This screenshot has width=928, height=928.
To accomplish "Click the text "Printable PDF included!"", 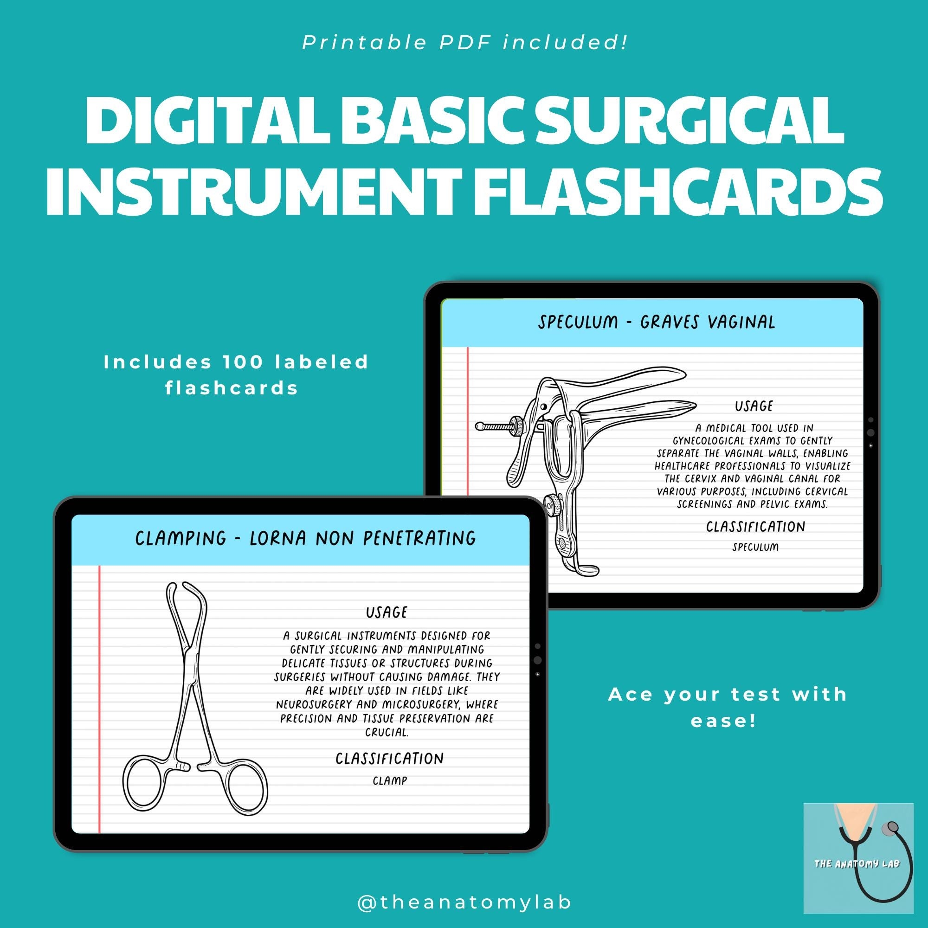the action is (464, 43).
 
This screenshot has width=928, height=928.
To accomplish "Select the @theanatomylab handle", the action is (464, 902).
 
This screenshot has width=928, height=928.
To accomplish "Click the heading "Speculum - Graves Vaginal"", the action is (657, 322).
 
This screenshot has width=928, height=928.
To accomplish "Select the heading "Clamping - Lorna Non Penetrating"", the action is (305, 538).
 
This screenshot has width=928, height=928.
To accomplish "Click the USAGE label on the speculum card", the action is (754, 406).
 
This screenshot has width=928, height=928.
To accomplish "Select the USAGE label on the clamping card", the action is (387, 612).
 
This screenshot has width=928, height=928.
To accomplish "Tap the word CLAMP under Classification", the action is (390, 780).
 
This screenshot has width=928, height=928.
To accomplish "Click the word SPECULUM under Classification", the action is (755, 547).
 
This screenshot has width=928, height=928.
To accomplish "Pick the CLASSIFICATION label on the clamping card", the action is (390, 759).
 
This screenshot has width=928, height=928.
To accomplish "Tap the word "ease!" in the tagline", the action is (723, 721).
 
